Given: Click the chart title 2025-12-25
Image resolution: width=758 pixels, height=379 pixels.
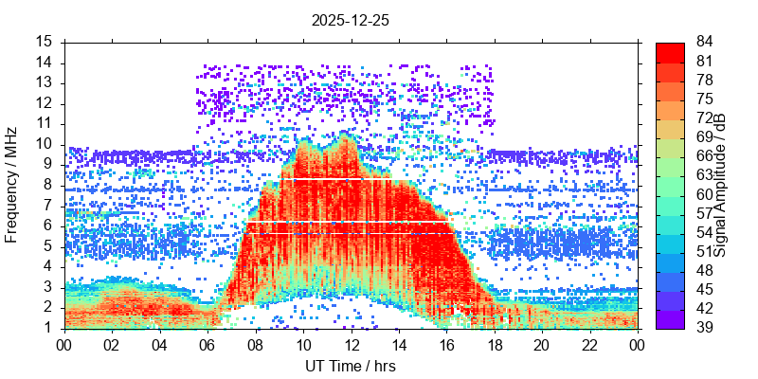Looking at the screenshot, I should click(x=350, y=19).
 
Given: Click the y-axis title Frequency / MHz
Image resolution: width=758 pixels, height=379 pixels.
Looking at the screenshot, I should click(x=12, y=185).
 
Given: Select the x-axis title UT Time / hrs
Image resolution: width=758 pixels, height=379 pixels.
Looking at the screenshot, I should click(x=350, y=366).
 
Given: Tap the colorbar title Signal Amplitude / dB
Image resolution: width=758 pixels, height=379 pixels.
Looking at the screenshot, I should click(x=721, y=185).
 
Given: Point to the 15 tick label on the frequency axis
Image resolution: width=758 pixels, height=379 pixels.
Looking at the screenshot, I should click(x=44, y=42).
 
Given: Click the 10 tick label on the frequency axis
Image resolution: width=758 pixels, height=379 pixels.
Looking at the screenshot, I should click(x=44, y=144).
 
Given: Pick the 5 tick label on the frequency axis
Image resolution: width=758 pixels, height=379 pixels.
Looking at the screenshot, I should click(x=47, y=246).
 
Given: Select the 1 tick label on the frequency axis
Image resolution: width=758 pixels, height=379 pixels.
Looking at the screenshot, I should click(x=47, y=328).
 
